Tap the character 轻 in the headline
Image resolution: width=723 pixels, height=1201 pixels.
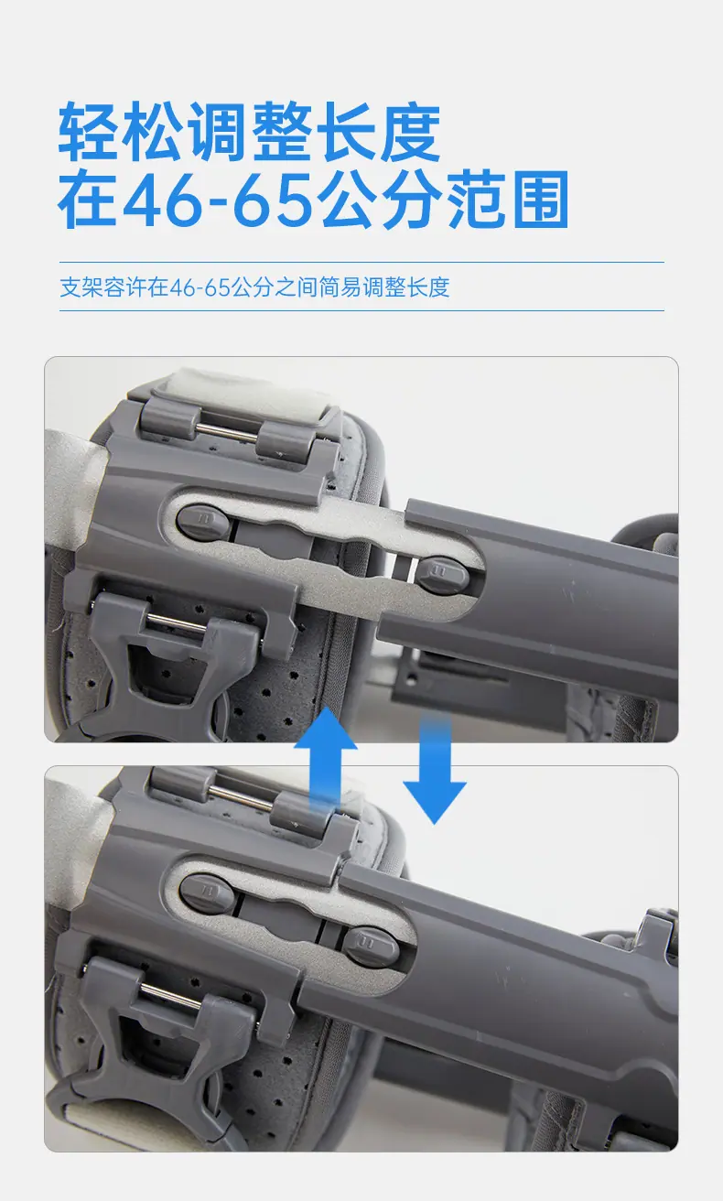89,132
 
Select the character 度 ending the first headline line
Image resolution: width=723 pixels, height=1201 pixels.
411,132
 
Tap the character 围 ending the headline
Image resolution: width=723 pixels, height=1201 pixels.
540,200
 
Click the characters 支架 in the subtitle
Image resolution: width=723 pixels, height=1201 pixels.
81,287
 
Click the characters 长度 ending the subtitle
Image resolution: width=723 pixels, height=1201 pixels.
427,287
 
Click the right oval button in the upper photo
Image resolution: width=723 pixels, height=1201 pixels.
443,574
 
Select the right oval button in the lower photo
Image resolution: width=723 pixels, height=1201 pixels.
371,947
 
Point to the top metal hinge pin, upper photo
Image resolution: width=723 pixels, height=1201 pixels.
227,432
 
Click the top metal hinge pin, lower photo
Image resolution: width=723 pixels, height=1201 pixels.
240,796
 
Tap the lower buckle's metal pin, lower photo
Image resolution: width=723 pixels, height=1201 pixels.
171,995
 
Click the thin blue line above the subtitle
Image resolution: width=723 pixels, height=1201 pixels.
361,262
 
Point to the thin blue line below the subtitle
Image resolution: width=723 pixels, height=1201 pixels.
361,310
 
